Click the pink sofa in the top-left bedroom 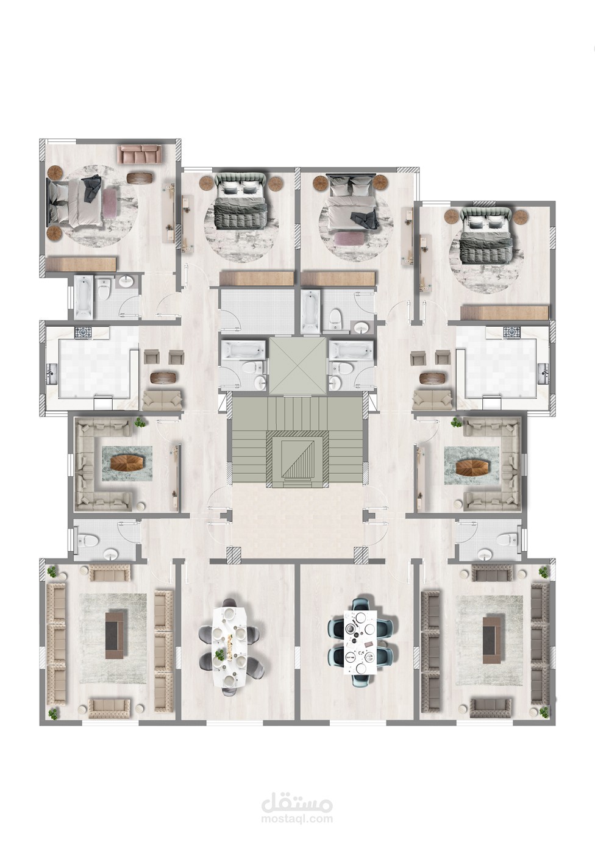click(140, 154)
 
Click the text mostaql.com click(297, 816)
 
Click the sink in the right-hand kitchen click(543, 373)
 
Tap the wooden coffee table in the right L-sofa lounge click(472, 467)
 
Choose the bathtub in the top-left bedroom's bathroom click(83, 296)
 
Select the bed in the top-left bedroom click(76, 201)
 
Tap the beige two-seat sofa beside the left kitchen click(162, 401)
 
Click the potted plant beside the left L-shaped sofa click(141, 423)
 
